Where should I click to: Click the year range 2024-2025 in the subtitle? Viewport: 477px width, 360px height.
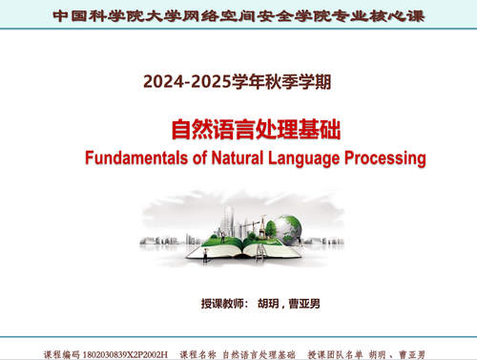tap(181, 82)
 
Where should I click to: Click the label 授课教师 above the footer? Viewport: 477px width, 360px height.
tap(222, 305)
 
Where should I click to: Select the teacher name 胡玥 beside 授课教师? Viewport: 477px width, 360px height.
tap(270, 305)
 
